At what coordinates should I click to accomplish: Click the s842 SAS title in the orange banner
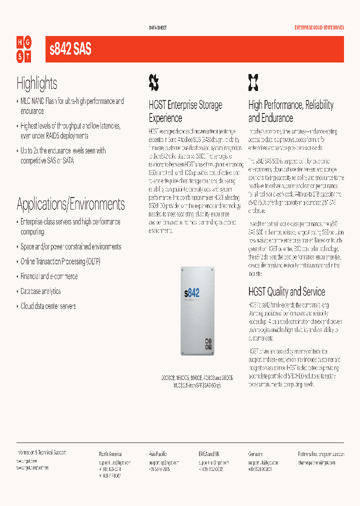coord(70,49)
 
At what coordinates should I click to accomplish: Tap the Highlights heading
coord(37,83)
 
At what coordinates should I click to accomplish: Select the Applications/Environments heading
coord(70,204)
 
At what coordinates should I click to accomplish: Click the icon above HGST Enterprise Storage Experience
coord(154,81)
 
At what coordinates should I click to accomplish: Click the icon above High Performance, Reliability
coord(253,81)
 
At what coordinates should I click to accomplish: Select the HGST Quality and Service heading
coord(286,291)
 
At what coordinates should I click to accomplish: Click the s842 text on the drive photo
coord(191,292)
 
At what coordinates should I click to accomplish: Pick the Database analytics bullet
coord(40,291)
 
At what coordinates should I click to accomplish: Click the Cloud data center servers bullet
coord(48,306)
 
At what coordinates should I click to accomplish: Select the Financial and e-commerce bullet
coord(49,276)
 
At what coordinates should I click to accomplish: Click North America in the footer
coord(110,454)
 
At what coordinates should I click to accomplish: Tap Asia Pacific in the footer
coord(158,454)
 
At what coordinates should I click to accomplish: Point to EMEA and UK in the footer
coord(209,454)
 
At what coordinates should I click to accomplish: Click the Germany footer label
coord(255,454)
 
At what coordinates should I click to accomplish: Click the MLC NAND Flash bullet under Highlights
coord(72,106)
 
